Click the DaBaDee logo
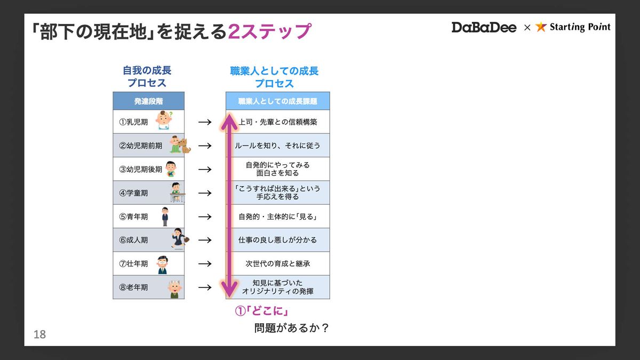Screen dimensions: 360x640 tap(484, 27)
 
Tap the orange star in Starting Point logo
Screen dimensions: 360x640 tap(541, 27)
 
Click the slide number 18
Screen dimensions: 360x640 tap(39, 335)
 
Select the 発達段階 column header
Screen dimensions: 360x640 tap(148, 101)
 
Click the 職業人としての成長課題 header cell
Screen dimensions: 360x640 tap(277, 101)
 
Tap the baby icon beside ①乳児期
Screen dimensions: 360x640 tap(164, 121)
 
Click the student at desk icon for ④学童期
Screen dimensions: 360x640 tap(177, 192)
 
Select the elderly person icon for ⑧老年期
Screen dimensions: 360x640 tap(174, 288)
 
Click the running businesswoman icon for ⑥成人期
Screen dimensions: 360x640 tap(177, 239)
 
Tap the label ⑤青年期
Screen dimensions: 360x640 tap(133, 217)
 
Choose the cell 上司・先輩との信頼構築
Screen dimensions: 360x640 tap(277, 122)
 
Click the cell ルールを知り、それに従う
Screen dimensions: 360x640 tap(277, 145)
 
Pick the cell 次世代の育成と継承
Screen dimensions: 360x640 tap(277, 263)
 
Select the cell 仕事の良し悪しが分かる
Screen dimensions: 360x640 tap(277, 240)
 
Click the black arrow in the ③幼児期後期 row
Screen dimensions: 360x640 tap(205, 169)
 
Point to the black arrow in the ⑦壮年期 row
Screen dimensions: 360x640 tap(205, 263)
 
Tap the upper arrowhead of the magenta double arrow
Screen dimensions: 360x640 tap(229, 120)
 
